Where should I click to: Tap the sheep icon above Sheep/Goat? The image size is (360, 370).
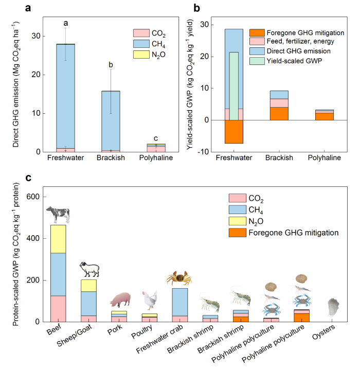(89, 269)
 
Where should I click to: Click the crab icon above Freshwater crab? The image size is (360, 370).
(179, 278)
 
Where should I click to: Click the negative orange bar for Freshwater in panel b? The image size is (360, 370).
(234, 132)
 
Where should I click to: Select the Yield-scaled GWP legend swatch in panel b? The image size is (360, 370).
(255, 60)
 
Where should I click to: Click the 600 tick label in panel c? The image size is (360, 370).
(33, 197)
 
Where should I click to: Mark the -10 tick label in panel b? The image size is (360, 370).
(204, 152)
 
